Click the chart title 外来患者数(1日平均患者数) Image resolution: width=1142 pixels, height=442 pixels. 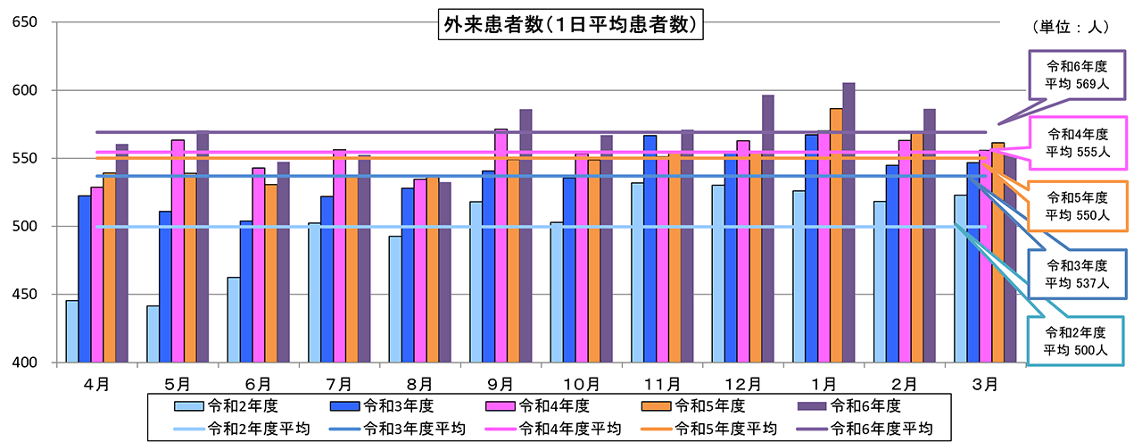(569, 25)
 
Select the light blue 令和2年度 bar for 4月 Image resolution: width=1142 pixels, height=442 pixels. (71, 331)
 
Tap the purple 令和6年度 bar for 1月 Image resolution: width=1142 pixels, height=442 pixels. (848, 223)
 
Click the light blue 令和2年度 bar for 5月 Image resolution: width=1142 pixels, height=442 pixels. (153, 334)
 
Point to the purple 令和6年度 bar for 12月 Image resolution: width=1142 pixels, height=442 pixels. (768, 229)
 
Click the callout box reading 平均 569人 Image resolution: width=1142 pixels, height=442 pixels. (1078, 78)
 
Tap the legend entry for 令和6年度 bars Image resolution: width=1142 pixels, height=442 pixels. (865, 405)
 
